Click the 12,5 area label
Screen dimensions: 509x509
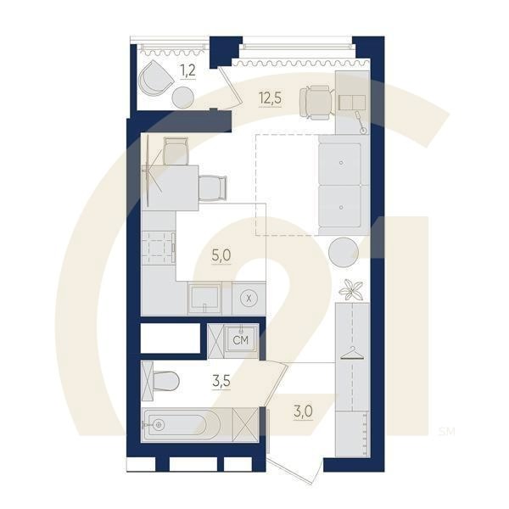pos(270,98)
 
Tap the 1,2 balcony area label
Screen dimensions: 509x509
pos(187,71)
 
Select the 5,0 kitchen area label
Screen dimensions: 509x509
pos(221,253)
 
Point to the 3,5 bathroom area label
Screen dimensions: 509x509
pos(221,382)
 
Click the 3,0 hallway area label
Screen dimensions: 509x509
pos(303,412)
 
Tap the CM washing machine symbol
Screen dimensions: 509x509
pos(241,340)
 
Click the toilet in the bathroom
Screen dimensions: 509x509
pos(164,381)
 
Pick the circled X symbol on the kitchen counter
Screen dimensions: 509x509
pos(249,298)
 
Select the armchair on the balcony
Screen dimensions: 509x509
pos(156,79)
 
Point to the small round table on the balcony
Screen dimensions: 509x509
pos(182,98)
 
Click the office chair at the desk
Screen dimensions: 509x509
pos(316,101)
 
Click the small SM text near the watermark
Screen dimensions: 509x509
pos(446,432)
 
